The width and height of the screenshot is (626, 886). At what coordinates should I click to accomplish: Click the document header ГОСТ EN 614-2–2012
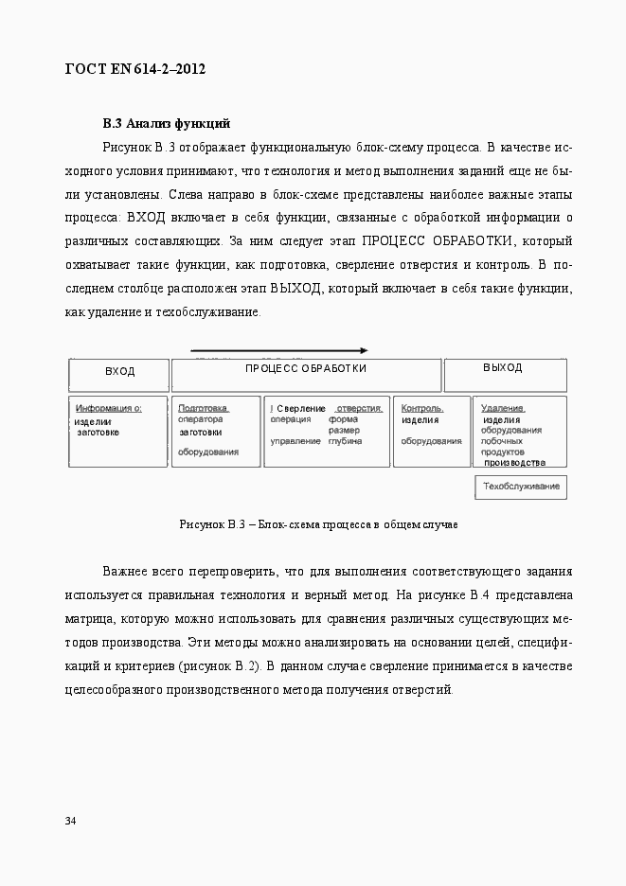coord(135,69)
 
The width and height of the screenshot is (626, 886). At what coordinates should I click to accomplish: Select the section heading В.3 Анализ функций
coord(167,123)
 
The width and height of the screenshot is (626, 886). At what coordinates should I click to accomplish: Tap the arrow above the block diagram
coord(278,350)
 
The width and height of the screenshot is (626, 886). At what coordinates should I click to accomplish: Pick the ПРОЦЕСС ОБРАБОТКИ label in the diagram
coord(306,368)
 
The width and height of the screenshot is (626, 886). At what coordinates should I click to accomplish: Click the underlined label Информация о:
coord(109,408)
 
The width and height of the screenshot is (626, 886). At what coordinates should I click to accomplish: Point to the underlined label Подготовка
coord(204,408)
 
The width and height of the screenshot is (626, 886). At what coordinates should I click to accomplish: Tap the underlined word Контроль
coord(421,408)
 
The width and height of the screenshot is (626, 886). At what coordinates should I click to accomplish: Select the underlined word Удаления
coord(503,408)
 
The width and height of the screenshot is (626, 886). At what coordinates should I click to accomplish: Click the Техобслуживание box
coord(521,487)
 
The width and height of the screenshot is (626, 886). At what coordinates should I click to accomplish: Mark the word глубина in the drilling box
coord(345,441)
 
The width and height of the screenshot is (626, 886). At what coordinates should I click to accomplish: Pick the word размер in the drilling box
coord(344,430)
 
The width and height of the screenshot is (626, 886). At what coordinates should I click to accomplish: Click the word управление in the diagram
coord(295,441)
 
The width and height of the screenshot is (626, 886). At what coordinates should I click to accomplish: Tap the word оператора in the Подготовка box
coord(200,418)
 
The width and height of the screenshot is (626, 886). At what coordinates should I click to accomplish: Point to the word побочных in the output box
coord(503,440)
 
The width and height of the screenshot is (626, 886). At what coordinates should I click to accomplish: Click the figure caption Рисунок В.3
coord(318,524)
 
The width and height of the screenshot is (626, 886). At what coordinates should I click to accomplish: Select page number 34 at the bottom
coord(71,820)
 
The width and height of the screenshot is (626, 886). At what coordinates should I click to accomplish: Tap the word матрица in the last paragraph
coord(91,619)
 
